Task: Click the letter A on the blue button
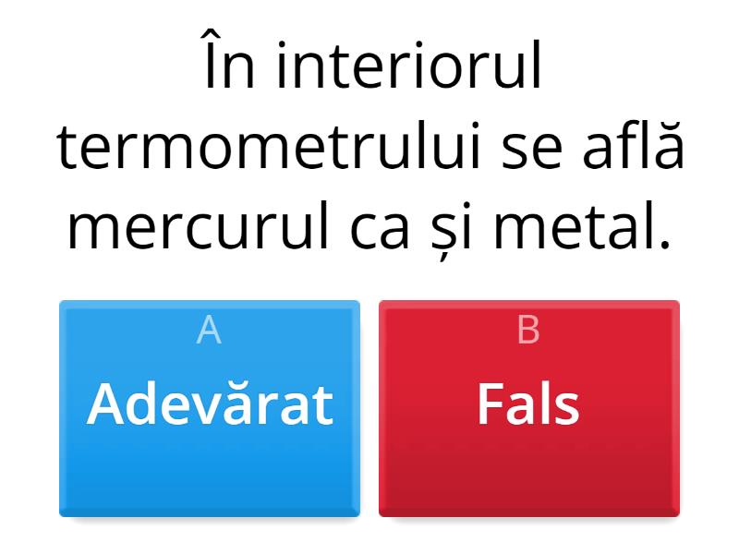coord(210,331)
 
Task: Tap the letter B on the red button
coord(528,331)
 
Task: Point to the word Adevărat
coord(210,404)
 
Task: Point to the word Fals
coord(528,404)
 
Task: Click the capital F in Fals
coord(489,404)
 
